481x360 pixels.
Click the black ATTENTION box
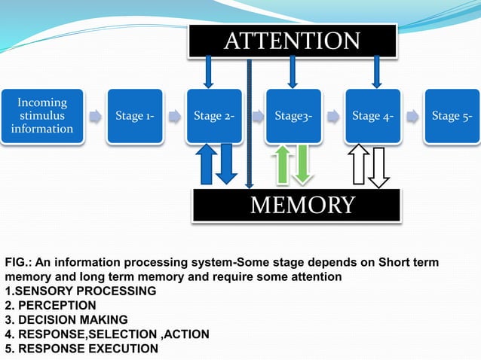coord(292,41)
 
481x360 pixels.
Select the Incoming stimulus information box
coord(42,116)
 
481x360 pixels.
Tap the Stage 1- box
coord(135,116)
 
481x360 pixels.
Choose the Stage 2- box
coord(214,116)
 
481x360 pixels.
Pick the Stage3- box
coord(293,116)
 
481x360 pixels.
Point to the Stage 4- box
coord(372,116)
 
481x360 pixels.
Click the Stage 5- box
coord(452,116)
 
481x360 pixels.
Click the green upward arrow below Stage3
coord(283,164)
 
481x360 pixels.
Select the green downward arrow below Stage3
coord(303,164)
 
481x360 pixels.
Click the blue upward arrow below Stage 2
coord(206,166)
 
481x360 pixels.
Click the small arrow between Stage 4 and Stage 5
coord(412,117)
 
